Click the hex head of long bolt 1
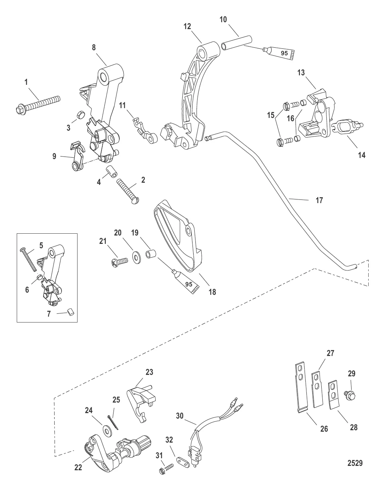(19, 110)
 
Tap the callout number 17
(319, 200)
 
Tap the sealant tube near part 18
(186, 282)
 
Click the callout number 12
(187, 27)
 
